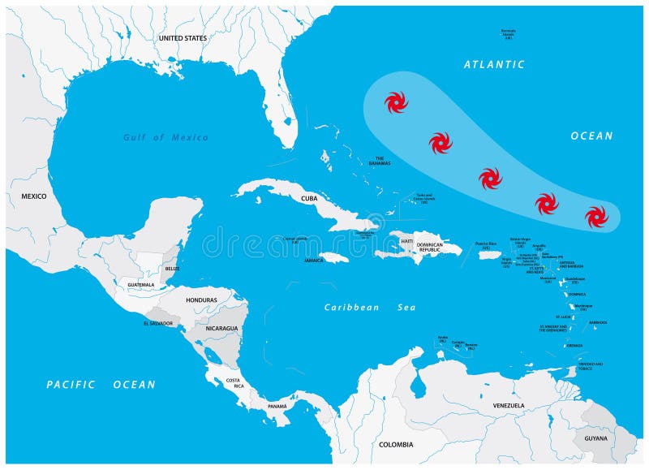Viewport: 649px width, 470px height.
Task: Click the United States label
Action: point(183,38)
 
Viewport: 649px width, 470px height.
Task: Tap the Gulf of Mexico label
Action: point(165,137)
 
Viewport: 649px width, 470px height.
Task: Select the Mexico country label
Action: point(33,196)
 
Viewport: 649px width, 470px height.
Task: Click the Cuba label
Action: point(309,198)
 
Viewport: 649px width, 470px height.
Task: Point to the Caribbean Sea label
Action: point(369,308)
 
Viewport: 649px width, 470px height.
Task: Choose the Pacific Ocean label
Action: point(101,384)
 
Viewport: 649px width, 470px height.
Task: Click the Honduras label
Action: point(201,300)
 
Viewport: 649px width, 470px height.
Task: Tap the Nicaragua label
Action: point(221,329)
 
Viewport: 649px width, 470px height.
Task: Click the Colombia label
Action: point(396,444)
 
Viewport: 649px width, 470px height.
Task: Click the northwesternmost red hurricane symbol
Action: point(396,102)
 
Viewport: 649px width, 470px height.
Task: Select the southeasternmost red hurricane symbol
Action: point(596,217)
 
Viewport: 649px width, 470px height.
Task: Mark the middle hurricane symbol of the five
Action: point(490,179)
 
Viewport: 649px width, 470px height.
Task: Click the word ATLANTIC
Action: point(494,64)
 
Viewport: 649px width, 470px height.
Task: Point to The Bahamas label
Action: point(379,161)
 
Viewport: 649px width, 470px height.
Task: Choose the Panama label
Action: point(277,405)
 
